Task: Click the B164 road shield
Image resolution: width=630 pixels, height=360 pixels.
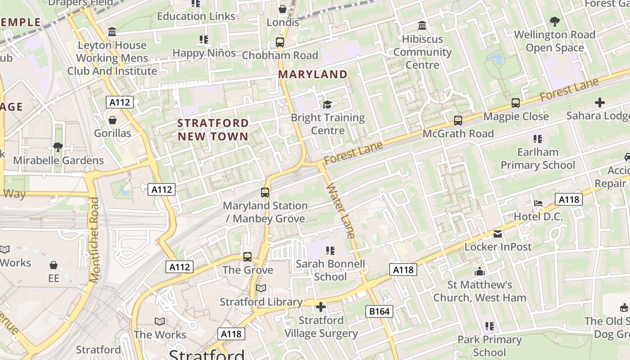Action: [380, 311]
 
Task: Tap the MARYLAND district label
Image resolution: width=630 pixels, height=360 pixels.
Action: [313, 74]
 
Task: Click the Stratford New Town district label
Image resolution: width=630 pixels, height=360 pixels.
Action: [213, 130]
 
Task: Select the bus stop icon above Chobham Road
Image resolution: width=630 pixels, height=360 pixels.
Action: [280, 42]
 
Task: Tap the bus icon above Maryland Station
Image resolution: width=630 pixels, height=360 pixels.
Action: [265, 193]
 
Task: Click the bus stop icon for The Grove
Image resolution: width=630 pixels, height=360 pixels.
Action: [247, 257]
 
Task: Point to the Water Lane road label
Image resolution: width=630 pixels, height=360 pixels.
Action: [341, 210]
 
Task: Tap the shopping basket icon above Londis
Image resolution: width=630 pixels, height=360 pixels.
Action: [283, 9]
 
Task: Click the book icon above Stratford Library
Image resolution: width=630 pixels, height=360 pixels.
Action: [261, 288]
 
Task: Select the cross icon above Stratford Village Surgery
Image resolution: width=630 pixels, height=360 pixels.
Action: [321, 307]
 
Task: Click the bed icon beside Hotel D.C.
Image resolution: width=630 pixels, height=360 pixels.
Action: [538, 203]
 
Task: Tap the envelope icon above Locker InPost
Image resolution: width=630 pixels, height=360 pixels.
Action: [498, 234]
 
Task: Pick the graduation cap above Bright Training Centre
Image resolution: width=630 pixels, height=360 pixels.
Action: [327, 104]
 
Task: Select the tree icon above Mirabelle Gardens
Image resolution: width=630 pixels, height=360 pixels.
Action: [58, 147]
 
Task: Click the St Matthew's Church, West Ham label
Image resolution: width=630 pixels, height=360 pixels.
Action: [480, 291]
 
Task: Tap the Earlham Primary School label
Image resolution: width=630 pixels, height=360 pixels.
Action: [538, 158]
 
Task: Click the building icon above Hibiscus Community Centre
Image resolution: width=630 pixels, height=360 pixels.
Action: [422, 26]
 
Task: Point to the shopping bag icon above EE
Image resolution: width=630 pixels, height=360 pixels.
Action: [54, 265]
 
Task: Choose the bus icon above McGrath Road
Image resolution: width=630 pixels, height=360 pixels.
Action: [458, 120]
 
